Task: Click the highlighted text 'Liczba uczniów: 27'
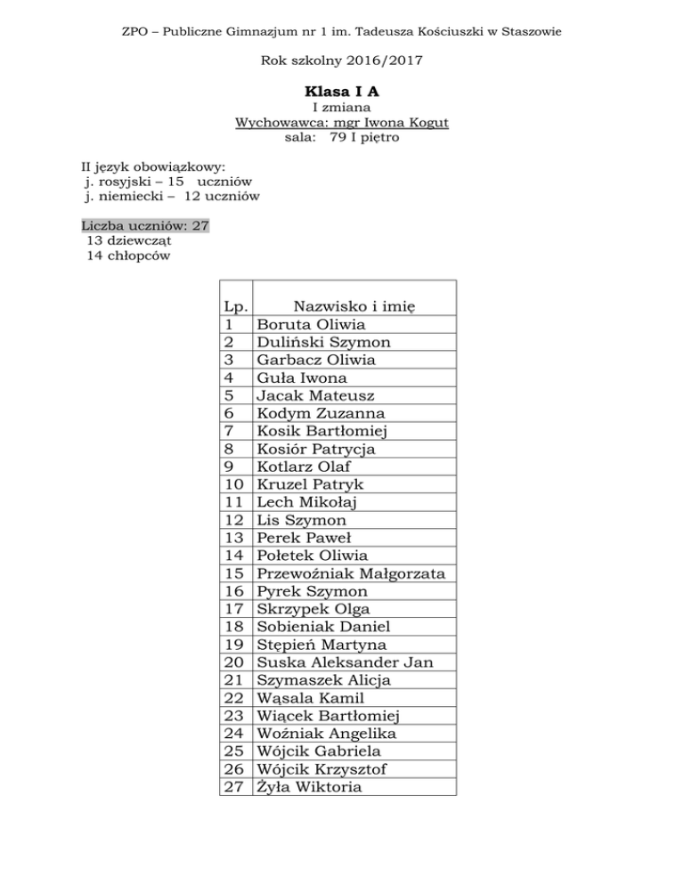tap(145, 225)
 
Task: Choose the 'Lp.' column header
tap(235, 306)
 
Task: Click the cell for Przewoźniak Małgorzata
tap(351, 573)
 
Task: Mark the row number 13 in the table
tap(235, 538)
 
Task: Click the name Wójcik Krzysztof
tap(322, 769)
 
